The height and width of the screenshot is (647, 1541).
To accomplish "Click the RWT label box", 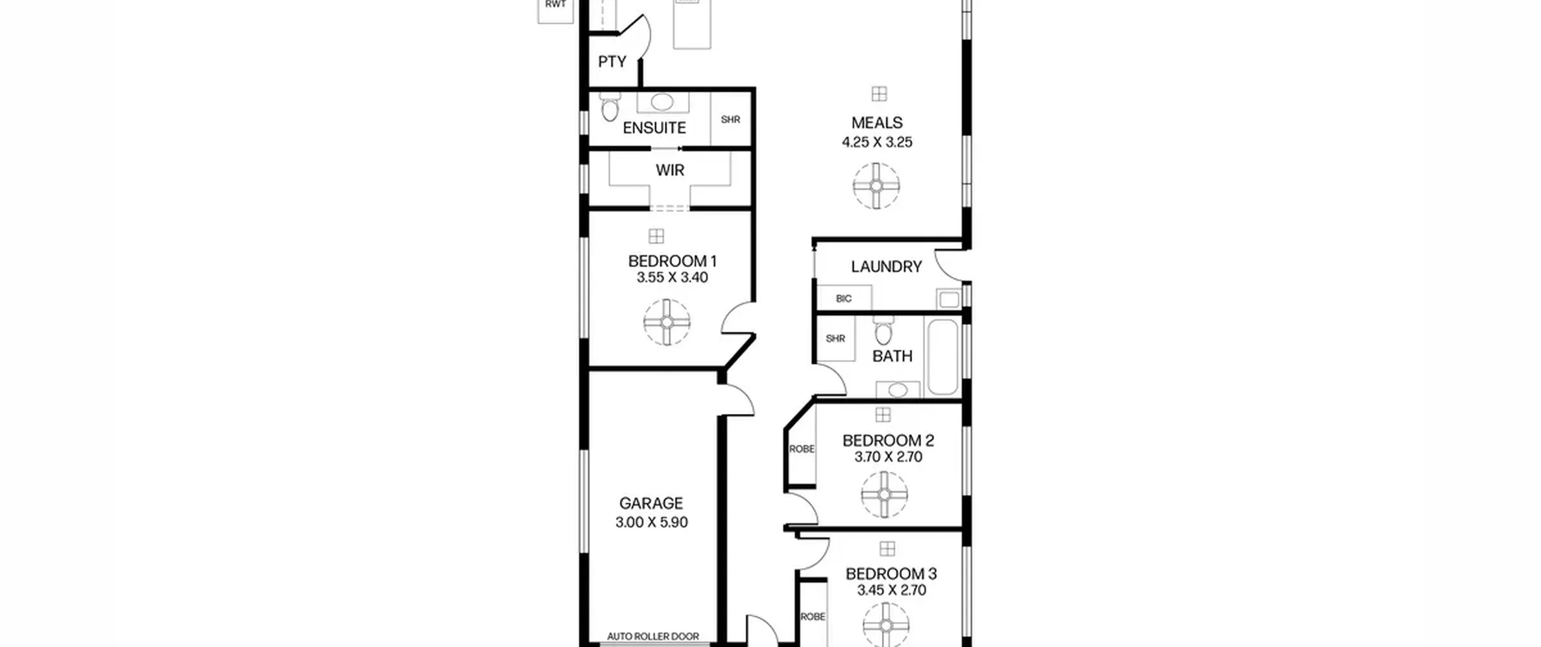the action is point(555,11).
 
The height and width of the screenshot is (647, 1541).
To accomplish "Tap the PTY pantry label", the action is point(612,62).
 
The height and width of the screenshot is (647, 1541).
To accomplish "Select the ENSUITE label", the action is point(654,128).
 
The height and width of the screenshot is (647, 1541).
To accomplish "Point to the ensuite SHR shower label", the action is point(730,120).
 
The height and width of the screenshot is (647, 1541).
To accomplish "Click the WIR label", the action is point(670,170).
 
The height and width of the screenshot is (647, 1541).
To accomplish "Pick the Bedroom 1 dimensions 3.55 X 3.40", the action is point(672,277).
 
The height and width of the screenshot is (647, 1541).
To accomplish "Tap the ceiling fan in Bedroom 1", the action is point(667,322).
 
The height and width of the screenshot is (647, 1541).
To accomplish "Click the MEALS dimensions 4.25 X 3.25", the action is point(877,142).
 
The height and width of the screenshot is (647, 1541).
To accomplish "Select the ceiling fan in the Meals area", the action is point(876,186).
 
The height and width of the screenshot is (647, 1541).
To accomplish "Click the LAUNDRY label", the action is point(886,267).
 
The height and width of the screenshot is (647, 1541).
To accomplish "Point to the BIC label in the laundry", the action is point(844,299).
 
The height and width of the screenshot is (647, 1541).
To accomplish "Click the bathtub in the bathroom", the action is point(943,357).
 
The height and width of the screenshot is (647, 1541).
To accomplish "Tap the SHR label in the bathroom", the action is point(836,339).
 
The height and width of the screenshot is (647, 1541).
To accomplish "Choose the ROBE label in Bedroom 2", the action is point(802,449).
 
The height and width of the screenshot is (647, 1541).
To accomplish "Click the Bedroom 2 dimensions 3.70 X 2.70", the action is point(888,457).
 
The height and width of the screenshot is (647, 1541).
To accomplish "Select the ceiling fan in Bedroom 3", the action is point(886,625).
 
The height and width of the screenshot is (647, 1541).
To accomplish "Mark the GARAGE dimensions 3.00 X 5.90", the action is point(651,522).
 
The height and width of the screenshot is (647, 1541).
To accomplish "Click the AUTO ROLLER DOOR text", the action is point(653,636).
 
